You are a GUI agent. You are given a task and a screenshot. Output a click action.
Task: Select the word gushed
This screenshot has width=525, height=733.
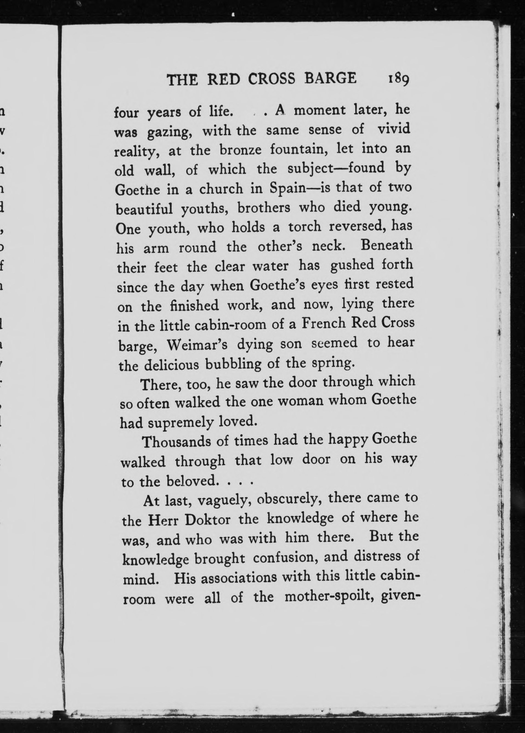(x=353, y=265)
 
